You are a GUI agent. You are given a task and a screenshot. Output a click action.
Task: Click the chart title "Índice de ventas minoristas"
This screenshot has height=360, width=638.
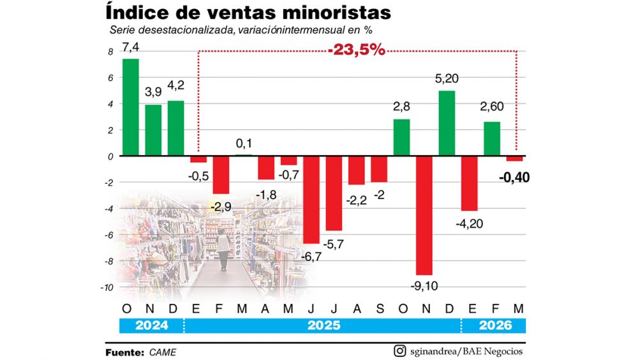tap(249, 13)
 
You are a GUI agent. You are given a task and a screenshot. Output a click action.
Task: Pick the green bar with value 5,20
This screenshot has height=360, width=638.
tap(447, 123)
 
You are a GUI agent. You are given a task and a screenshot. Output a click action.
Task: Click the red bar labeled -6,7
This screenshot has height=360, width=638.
tap(311, 200)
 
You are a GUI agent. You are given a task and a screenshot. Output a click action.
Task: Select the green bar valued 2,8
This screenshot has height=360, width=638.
tap(401, 137)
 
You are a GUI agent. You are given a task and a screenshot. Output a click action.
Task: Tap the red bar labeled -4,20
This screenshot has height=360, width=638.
tap(470, 183)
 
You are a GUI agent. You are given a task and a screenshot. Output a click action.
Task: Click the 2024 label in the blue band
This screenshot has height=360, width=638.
tap(152, 326)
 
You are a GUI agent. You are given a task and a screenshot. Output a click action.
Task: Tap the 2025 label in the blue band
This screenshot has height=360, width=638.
tap(324, 326)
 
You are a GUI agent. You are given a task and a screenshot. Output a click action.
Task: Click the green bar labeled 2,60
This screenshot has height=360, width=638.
tap(492, 139)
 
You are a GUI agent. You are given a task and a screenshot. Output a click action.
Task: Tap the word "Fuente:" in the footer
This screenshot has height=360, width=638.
tap(125, 352)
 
